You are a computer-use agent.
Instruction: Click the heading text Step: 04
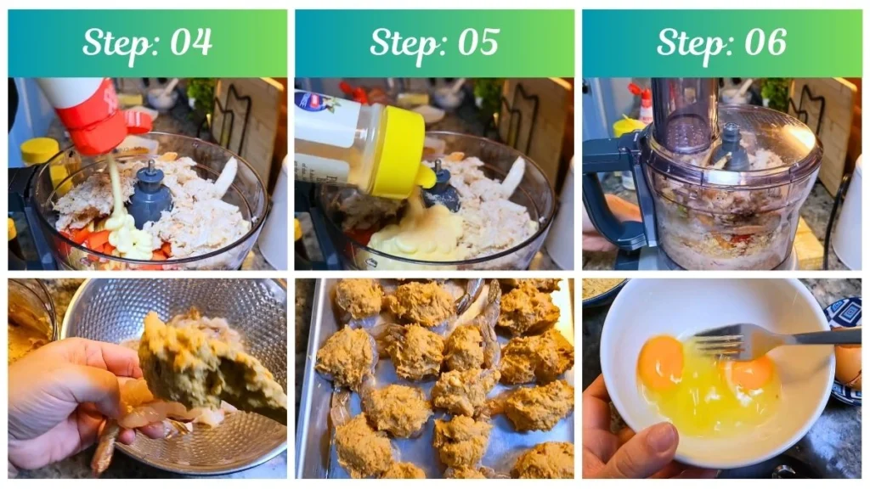pyautogui.click(x=147, y=42)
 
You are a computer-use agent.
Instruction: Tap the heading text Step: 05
pyautogui.click(x=434, y=42)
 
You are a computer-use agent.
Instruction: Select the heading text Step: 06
pyautogui.click(x=721, y=42)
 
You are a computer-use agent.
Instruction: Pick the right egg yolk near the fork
pyautogui.click(x=750, y=373)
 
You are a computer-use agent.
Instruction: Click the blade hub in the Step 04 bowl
pyautogui.click(x=150, y=196)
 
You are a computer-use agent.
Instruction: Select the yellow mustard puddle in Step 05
pyautogui.click(x=416, y=238)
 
